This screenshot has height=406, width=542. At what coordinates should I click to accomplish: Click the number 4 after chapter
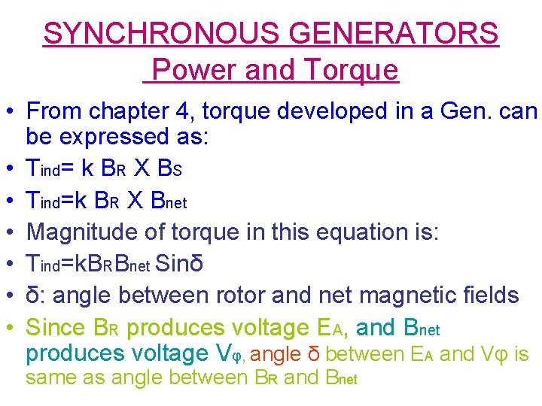(x=188, y=112)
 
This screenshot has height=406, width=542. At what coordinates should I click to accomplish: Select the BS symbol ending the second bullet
(x=167, y=169)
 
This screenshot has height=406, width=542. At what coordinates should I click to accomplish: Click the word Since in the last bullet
(x=54, y=328)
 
